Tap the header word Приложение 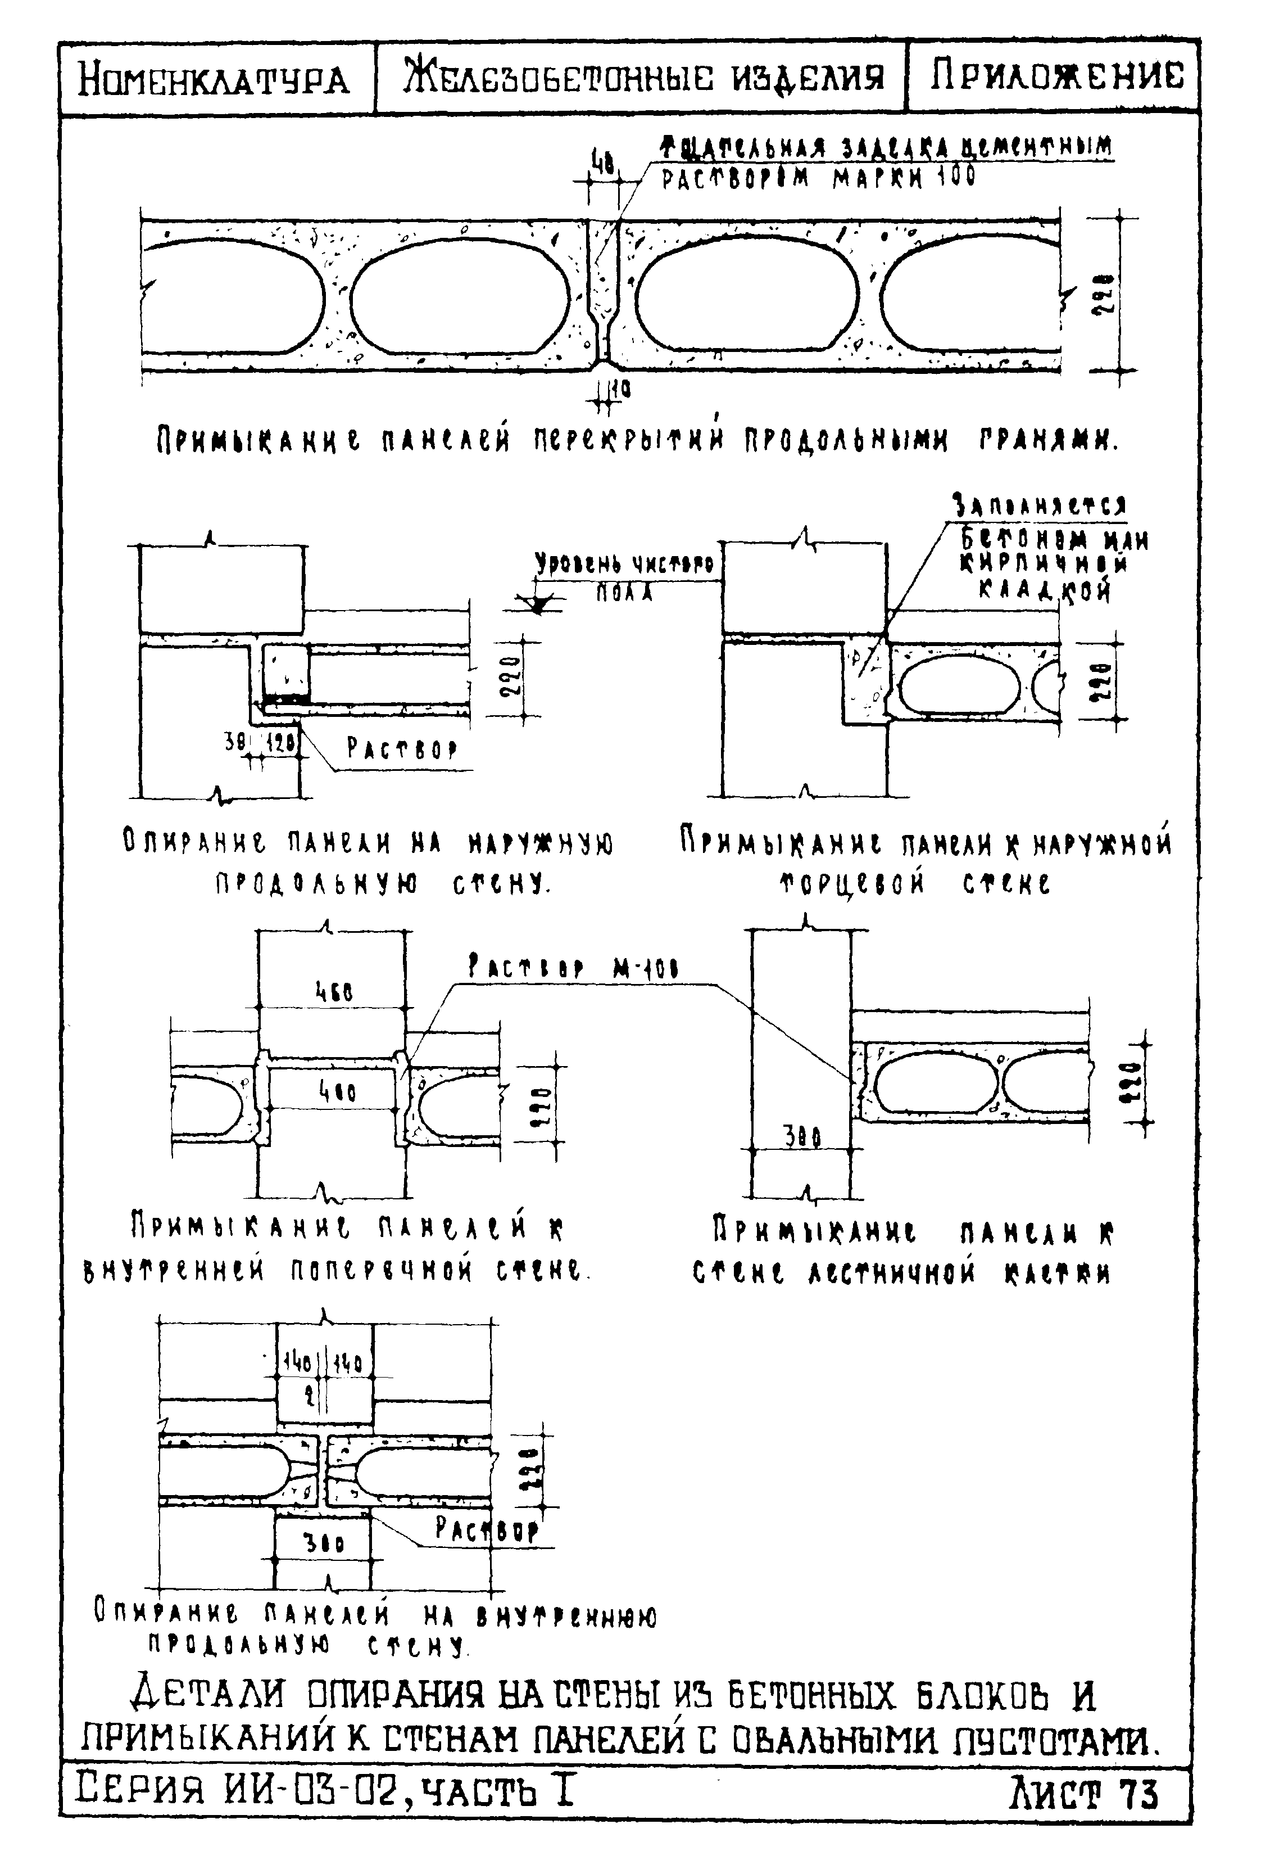tap(1055, 77)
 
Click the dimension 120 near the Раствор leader tap(281, 743)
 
